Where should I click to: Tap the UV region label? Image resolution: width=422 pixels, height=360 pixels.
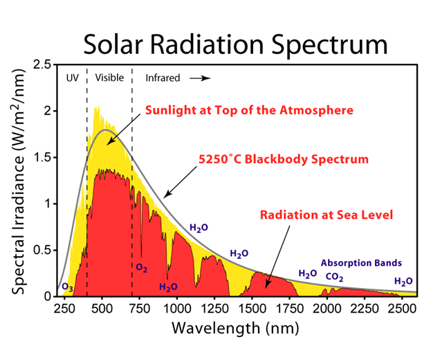click(72, 78)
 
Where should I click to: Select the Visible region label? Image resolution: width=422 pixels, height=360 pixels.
click(109, 78)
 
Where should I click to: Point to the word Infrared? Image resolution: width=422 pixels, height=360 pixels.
click(163, 78)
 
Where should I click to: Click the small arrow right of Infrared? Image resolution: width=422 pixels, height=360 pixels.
click(200, 78)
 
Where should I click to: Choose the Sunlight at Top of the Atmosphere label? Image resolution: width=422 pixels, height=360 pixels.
click(248, 110)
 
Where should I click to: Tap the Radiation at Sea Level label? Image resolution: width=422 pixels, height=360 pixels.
click(327, 215)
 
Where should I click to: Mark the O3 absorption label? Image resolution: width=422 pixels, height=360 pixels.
click(67, 287)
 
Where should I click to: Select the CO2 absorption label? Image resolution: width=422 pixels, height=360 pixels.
click(335, 278)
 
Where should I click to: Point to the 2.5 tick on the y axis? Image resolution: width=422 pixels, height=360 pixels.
click(42, 64)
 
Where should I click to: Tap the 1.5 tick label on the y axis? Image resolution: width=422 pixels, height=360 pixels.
click(42, 157)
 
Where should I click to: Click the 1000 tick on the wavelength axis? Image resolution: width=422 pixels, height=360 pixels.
click(177, 309)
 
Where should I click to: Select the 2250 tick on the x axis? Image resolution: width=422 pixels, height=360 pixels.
click(365, 309)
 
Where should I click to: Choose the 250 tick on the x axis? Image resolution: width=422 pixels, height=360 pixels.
click(64, 309)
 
